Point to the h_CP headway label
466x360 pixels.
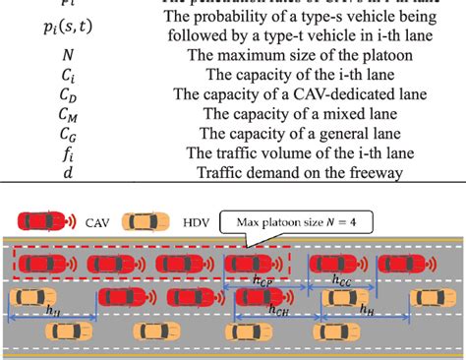264,281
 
